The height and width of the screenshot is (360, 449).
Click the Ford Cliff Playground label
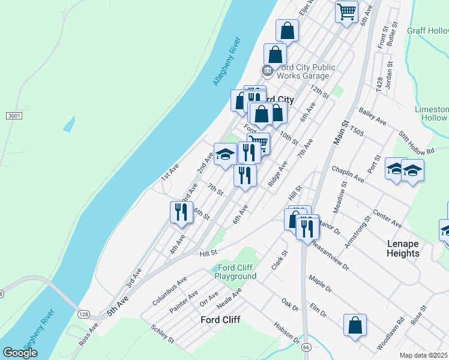coord(237,272)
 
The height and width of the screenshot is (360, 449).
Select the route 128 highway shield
coord(83,314)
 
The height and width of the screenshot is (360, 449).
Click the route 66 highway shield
coord(306,348)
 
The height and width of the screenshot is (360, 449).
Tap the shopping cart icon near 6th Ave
coord(347,11)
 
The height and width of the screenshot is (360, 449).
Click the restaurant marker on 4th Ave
coord(181,214)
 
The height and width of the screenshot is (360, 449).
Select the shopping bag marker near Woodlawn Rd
coord(355,326)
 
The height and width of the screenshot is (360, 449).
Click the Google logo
coord(20,353)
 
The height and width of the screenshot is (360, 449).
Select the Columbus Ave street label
coord(169,291)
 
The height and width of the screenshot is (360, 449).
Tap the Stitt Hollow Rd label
coord(413,142)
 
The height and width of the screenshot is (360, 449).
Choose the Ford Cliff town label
coord(220,320)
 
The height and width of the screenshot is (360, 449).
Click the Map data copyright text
coord(424,355)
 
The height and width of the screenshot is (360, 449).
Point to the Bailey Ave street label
coord(372,116)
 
